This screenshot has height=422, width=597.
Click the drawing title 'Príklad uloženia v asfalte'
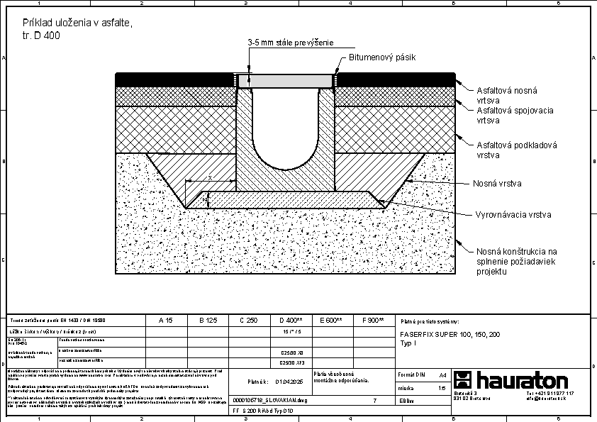coord(77,23)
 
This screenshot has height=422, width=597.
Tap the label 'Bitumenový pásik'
coord(381,57)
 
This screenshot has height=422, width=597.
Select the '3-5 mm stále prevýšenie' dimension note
coord(290,43)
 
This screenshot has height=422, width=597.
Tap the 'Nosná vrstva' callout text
coord(497,183)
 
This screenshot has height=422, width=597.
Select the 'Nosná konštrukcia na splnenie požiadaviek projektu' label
coord(517,261)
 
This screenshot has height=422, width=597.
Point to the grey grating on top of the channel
coord(285,80)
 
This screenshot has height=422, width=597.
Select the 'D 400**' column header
coord(291,321)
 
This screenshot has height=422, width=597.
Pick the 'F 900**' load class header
coord(372,321)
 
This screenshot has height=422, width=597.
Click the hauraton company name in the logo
coord(521,379)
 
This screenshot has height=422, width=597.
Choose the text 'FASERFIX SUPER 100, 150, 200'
coord(450,334)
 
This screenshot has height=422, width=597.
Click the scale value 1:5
coord(442,388)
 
